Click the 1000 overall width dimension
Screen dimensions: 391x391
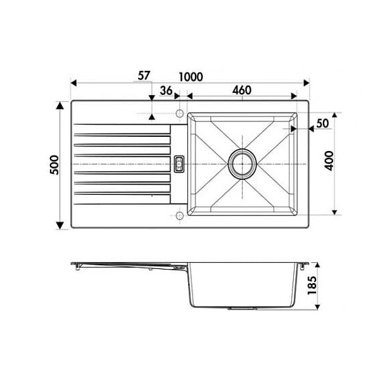(191, 77)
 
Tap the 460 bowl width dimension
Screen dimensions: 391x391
(241, 90)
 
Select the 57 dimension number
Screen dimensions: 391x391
(144, 76)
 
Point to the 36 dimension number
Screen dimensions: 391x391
(166, 91)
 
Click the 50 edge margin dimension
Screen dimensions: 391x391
(322, 123)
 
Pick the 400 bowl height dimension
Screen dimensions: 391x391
(330, 161)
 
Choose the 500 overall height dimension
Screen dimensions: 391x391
(55, 165)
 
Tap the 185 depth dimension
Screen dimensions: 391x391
(311, 285)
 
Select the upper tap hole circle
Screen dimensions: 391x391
(179, 113)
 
